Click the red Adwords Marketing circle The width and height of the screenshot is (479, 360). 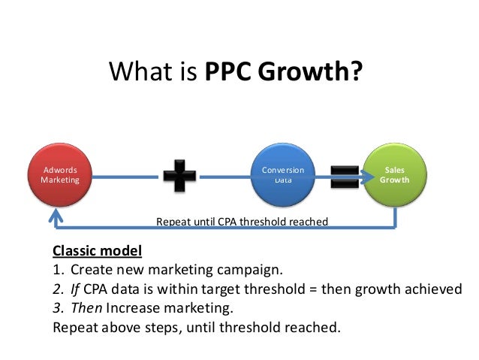59,175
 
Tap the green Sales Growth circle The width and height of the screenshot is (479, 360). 395,175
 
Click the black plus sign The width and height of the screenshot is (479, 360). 179,175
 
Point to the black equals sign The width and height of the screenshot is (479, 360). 345,175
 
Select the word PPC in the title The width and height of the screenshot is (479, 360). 229,73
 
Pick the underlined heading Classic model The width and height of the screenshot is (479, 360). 97,250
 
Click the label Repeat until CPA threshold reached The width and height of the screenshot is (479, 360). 242,222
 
